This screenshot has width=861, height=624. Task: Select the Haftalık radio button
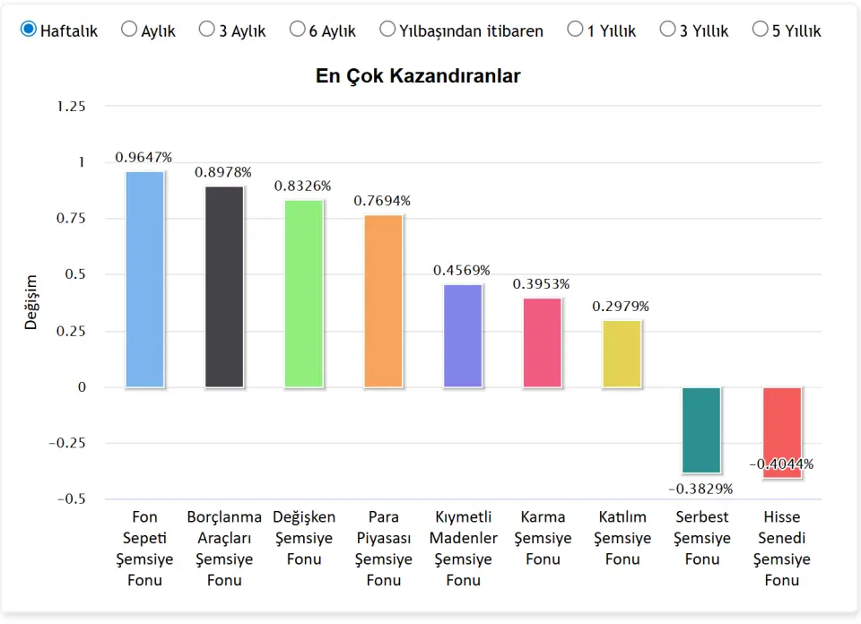click(29, 30)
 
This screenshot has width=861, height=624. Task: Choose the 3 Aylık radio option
click(206, 30)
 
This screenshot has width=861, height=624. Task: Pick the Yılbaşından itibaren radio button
click(387, 30)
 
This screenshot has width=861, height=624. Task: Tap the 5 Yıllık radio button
click(760, 30)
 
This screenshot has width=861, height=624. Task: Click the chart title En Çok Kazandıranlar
click(418, 76)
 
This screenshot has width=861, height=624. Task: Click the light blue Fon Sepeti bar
click(144, 279)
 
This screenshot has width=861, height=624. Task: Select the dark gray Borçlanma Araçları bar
click(224, 287)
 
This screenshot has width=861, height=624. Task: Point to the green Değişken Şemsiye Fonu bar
click(304, 294)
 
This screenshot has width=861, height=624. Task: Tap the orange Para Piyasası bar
click(383, 301)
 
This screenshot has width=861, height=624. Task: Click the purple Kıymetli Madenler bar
click(463, 336)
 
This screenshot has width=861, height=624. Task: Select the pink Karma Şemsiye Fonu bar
click(542, 342)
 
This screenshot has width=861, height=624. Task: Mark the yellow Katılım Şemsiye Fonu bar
click(622, 353)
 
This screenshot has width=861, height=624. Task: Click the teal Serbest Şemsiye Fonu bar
click(701, 430)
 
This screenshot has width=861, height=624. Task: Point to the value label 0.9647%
click(143, 157)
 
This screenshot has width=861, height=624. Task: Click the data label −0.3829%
click(701, 489)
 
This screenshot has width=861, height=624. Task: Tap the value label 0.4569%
click(462, 270)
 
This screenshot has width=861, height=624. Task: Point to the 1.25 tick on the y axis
click(71, 107)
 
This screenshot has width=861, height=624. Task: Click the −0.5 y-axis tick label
click(71, 499)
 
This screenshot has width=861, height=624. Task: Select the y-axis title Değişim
click(31, 302)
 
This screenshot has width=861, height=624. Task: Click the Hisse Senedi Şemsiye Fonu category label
click(782, 548)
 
